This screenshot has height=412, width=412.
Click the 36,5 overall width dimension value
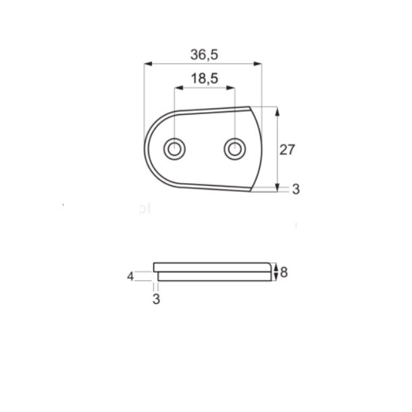click(204, 53)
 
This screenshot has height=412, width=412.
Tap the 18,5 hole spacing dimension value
click(204, 79)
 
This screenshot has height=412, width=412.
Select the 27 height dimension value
click(288, 150)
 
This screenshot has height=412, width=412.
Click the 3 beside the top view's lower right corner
click(295, 190)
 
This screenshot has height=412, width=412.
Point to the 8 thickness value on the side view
click(284, 272)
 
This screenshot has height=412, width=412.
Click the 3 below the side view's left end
click(156, 299)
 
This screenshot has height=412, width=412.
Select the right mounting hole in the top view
click(234, 148)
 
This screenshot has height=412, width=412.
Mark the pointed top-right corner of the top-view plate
click(251, 106)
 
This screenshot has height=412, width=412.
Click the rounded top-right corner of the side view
click(274, 263)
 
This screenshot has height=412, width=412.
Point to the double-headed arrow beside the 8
click(277, 272)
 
